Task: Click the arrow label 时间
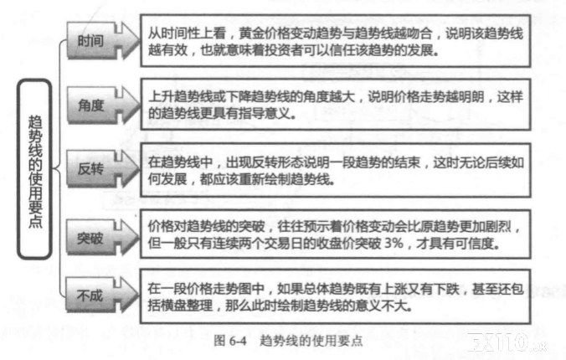click(90, 41)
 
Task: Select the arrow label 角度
click(91, 105)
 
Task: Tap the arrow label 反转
click(90, 168)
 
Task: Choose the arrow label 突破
click(90, 238)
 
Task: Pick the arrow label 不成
click(90, 296)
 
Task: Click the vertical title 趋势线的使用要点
click(35, 171)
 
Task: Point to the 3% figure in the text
click(394, 243)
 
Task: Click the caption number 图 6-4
click(230, 340)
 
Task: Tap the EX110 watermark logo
click(507, 342)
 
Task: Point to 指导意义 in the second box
click(265, 113)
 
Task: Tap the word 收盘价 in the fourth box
click(336, 243)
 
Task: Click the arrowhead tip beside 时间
click(139, 39)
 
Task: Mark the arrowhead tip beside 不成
click(139, 295)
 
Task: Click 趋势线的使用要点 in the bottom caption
click(311, 340)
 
